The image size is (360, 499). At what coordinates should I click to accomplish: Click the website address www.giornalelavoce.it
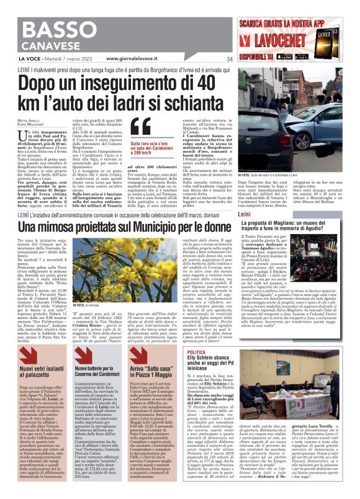(124, 60)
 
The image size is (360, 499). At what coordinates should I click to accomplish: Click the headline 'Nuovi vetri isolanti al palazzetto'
(43, 373)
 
